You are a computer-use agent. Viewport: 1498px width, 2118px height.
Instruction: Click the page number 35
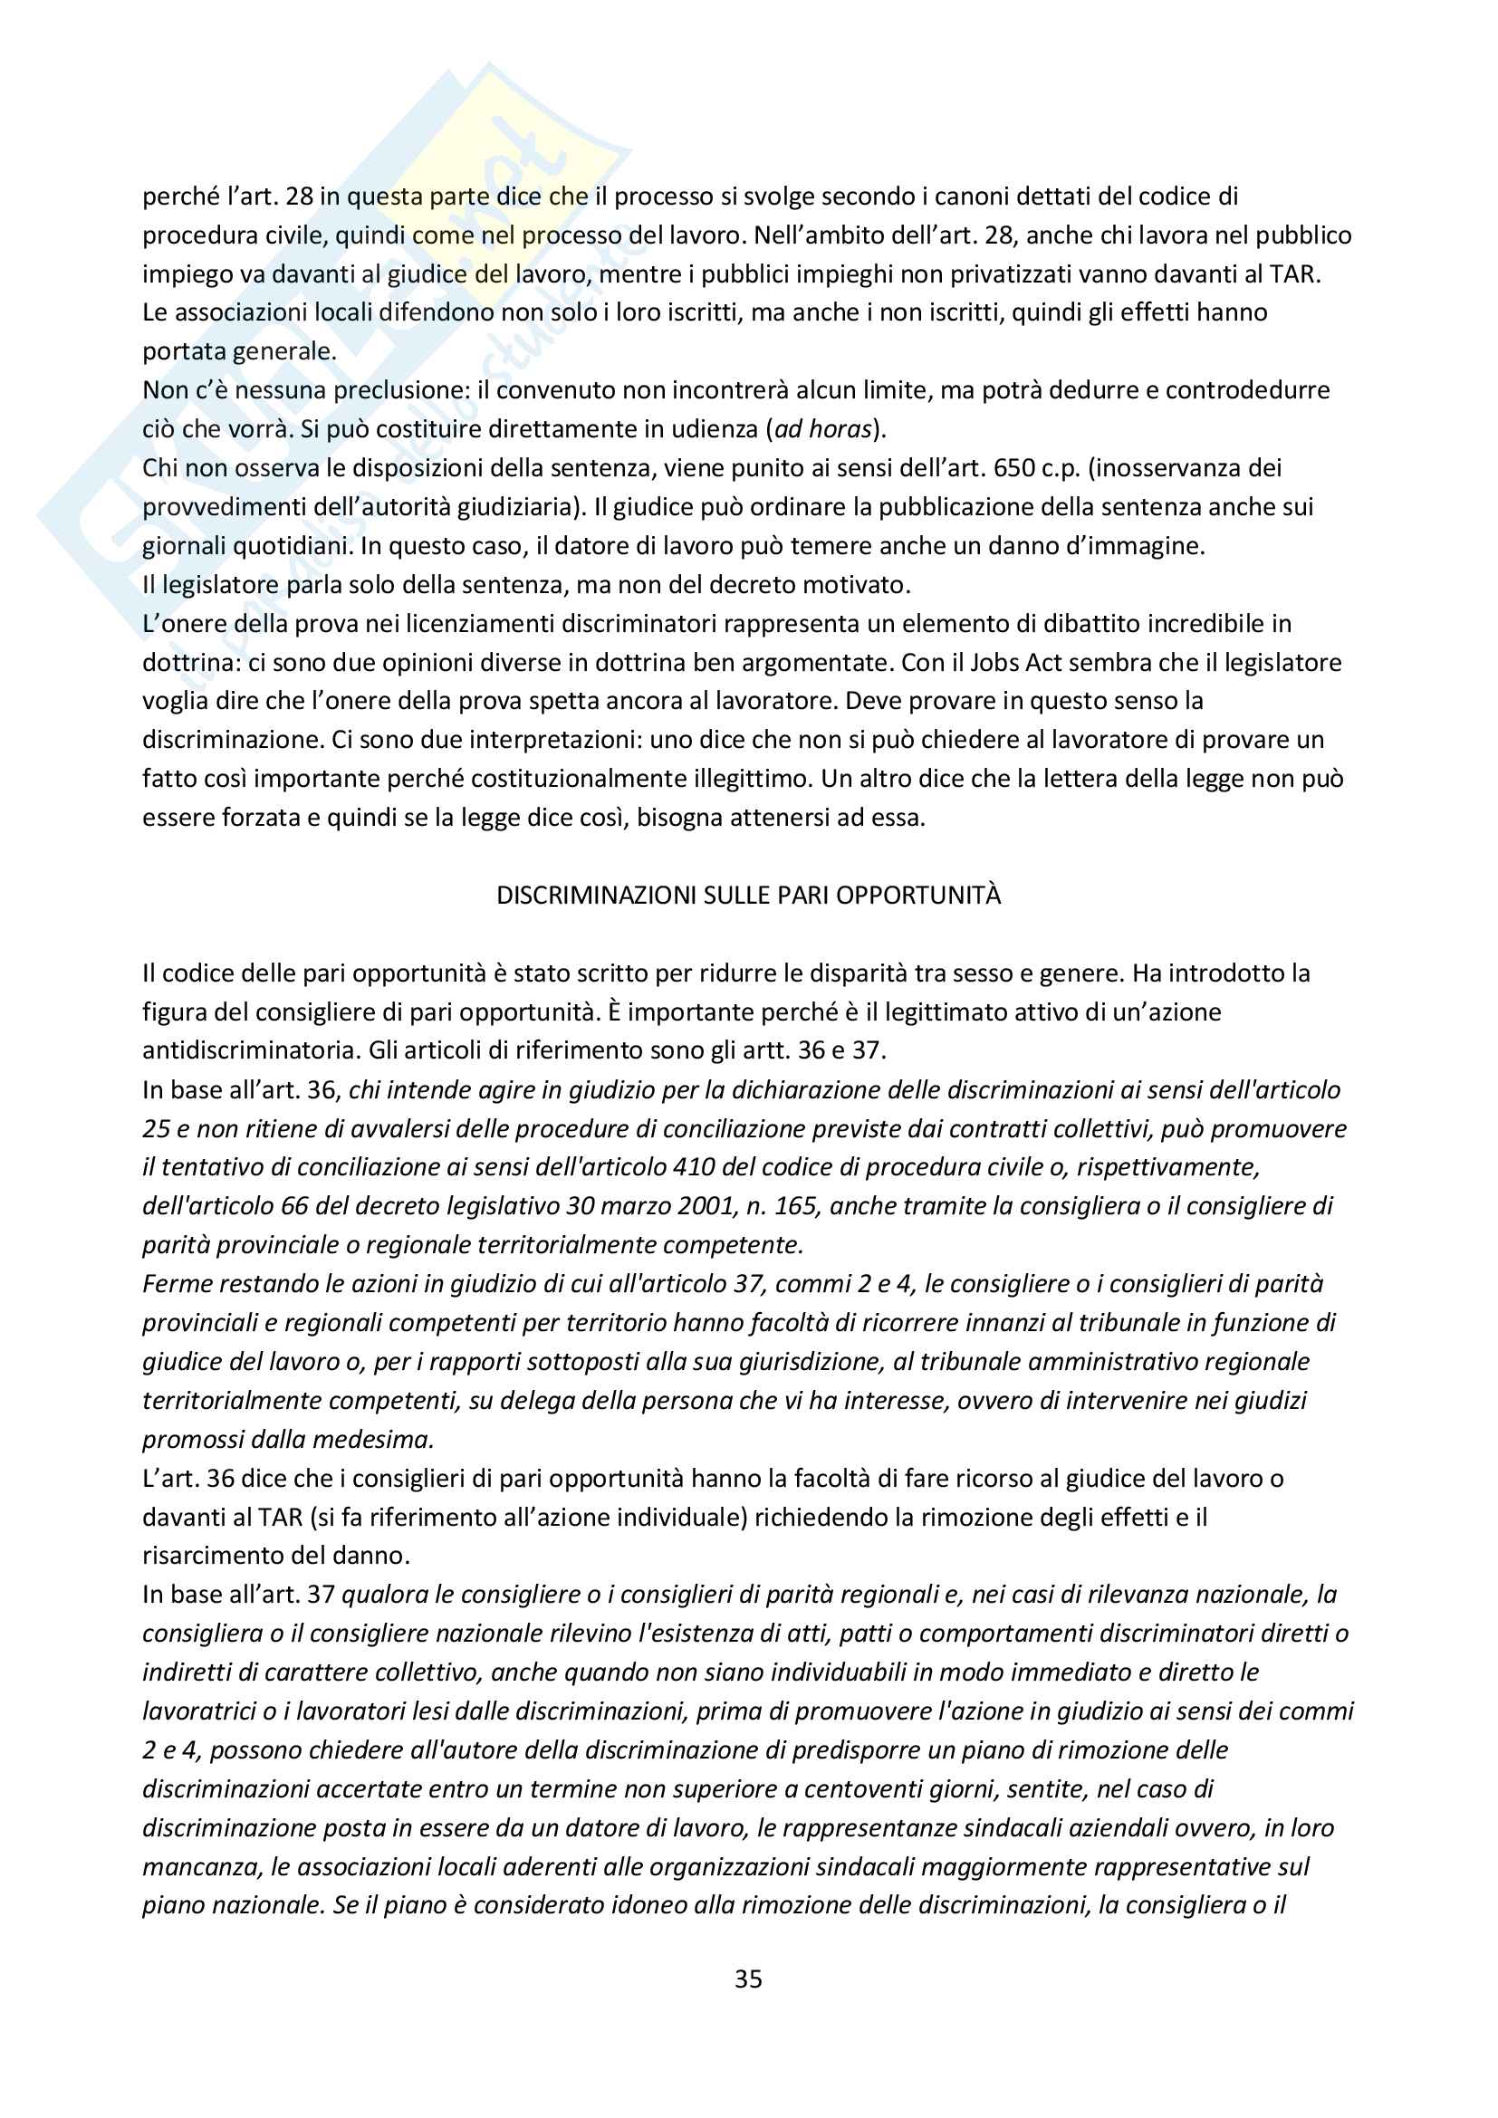pyautogui.click(x=748, y=1979)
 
